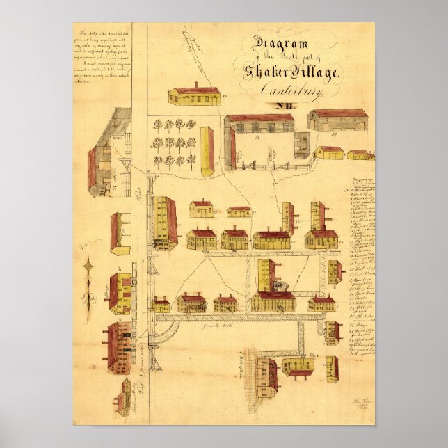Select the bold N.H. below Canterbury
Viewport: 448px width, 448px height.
pos(286,106)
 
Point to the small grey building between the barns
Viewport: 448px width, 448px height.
pos(301,144)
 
